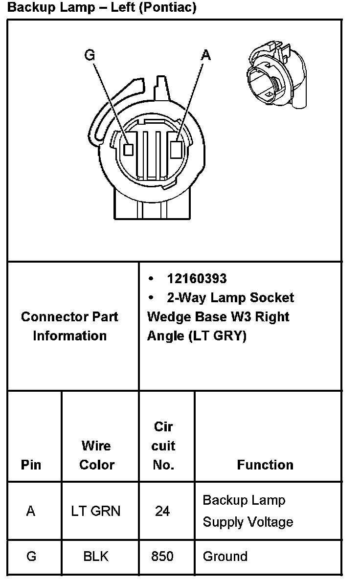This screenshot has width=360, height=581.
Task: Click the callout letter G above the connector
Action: click(90, 55)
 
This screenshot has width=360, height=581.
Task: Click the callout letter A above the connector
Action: click(206, 55)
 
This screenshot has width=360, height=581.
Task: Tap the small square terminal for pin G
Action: click(129, 150)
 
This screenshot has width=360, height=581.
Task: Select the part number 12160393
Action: click(197, 279)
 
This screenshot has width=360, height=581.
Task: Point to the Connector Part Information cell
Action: click(69, 326)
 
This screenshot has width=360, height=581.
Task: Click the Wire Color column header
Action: click(97, 455)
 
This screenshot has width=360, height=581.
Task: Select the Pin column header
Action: click(31, 465)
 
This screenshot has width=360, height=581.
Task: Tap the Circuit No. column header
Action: click(163, 446)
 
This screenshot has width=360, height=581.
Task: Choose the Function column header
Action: click(265, 465)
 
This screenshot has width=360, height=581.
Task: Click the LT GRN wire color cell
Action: click(96, 511)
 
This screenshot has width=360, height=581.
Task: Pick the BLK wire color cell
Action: click(96, 557)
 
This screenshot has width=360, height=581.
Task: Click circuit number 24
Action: click(162, 511)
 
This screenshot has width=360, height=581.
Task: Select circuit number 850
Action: click(162, 557)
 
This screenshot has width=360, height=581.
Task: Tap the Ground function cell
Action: click(225, 557)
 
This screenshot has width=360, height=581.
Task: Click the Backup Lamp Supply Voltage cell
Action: click(247, 511)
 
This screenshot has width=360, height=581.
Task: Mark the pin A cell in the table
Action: click(31, 511)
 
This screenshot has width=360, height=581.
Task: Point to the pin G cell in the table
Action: click(31, 557)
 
